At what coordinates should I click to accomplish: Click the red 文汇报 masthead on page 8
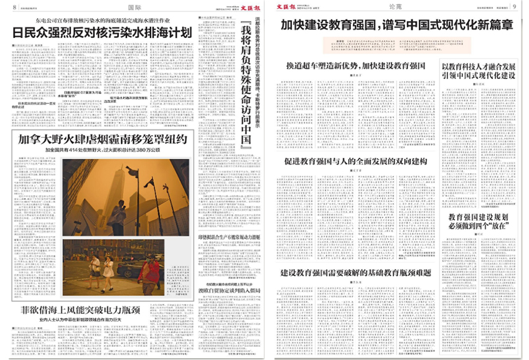[248, 7]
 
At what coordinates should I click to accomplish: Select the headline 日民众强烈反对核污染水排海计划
[103, 32]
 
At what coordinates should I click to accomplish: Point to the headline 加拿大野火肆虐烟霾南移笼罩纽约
[103, 139]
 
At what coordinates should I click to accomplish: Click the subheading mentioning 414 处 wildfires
[103, 150]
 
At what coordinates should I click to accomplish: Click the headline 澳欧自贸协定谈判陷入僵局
[227, 290]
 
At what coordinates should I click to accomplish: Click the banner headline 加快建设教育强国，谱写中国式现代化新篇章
[396, 26]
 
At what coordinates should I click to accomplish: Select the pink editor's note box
[396, 45]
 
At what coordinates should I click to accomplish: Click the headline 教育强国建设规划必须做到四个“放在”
[479, 221]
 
